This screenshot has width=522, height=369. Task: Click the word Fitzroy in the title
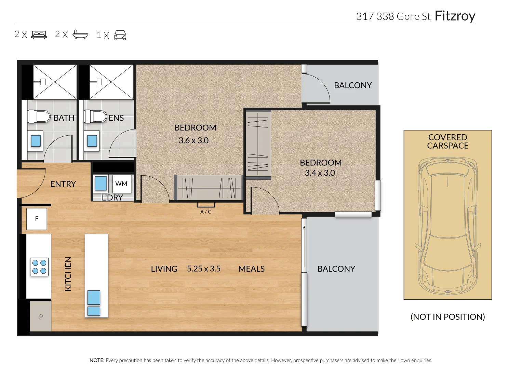[455, 16]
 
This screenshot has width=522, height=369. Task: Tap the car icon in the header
[120, 35]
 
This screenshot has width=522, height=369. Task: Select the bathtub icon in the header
[80, 35]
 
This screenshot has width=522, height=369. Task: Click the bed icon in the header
[39, 35]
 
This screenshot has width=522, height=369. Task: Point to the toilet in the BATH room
[39, 116]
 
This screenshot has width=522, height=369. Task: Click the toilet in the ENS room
[95, 116]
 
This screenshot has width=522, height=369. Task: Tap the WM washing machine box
[121, 184]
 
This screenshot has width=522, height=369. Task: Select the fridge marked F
[37, 219]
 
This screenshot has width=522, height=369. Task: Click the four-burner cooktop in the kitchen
[39, 267]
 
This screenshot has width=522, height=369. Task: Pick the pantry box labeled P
[40, 316]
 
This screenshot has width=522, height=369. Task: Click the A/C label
[206, 212]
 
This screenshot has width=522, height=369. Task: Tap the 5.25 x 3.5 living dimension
[203, 269]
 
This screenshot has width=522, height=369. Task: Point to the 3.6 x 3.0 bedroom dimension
[193, 140]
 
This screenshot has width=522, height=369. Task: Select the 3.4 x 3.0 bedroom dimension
[320, 173]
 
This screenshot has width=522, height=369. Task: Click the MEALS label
[251, 269]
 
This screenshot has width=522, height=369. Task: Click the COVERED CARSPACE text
[447, 141]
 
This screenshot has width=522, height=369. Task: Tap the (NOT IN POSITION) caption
[447, 317]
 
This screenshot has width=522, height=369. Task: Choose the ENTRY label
[63, 184]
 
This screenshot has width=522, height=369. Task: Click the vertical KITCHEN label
[68, 274]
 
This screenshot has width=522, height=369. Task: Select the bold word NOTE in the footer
[97, 360]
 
